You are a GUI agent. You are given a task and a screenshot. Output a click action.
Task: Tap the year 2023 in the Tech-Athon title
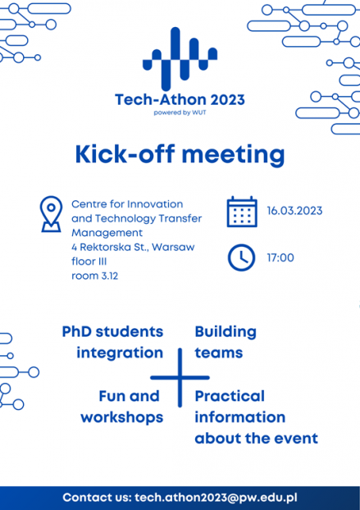point(227,99)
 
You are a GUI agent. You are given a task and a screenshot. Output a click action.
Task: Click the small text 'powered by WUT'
point(180,113)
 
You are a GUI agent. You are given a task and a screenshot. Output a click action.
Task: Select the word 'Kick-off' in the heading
point(125,154)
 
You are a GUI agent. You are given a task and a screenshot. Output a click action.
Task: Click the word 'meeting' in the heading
point(233,155)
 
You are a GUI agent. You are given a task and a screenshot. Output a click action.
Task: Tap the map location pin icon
point(51,214)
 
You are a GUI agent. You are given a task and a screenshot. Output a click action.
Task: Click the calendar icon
point(242,212)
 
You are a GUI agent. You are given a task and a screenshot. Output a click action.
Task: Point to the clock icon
point(241,257)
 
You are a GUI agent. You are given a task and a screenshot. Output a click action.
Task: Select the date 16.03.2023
point(294,211)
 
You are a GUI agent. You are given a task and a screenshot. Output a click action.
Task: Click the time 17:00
point(280,258)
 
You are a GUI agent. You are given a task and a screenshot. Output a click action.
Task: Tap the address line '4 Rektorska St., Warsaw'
point(133,247)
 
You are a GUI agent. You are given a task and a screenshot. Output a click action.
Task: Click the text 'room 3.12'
point(94,275)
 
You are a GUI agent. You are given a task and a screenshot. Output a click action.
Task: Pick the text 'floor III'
point(89,262)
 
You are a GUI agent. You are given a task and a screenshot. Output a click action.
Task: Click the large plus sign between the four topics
point(180,378)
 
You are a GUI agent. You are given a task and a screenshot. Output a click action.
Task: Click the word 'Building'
point(226,333)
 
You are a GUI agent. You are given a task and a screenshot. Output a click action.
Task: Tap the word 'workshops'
point(122,417)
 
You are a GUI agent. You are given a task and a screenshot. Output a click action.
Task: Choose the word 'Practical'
point(230,396)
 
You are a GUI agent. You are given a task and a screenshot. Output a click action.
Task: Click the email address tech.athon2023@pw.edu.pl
point(216,498)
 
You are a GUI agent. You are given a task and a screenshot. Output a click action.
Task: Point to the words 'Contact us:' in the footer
point(97,498)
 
